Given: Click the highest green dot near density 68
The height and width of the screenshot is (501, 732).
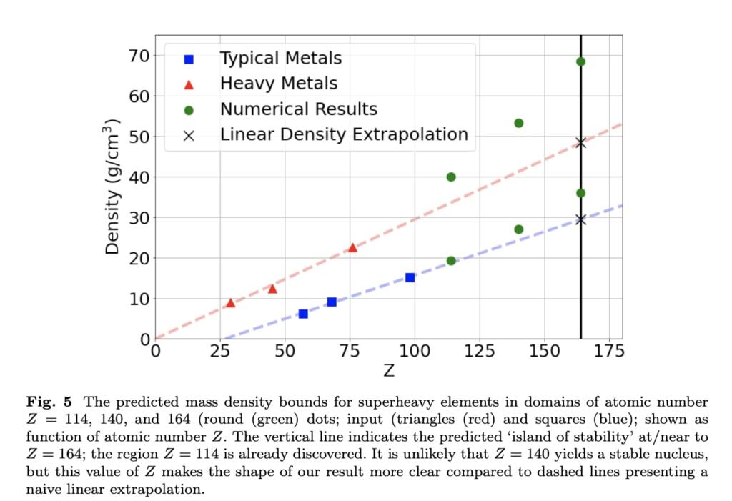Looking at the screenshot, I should tap(580, 61).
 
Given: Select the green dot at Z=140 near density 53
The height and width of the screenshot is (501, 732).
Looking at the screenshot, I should tap(519, 123).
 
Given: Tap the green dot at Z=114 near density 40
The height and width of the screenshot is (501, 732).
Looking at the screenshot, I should tap(451, 177).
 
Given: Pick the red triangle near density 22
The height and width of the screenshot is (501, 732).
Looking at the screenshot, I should tap(352, 247).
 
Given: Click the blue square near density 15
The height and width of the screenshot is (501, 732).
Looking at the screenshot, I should tap(410, 277).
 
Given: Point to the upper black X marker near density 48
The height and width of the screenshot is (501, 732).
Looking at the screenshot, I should tap(580, 142).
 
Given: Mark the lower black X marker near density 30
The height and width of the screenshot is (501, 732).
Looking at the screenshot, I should tap(580, 219).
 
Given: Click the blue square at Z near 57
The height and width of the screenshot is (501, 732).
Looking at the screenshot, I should tap(303, 314).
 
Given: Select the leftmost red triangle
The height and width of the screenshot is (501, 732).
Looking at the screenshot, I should tap(230, 303).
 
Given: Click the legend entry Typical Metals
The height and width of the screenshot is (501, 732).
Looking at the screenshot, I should tap(280, 58).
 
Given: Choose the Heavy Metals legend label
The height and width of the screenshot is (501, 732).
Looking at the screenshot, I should tap(278, 84).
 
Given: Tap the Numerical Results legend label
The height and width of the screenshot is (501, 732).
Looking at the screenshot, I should tap(298, 109).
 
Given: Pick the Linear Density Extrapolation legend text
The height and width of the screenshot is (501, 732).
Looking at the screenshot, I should tap(344, 134).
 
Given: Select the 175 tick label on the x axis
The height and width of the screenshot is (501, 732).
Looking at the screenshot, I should tap(609, 351).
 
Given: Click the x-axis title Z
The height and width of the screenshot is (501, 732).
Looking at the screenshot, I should tap(389, 371).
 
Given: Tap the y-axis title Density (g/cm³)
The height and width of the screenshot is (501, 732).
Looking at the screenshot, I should tap(112, 187).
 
